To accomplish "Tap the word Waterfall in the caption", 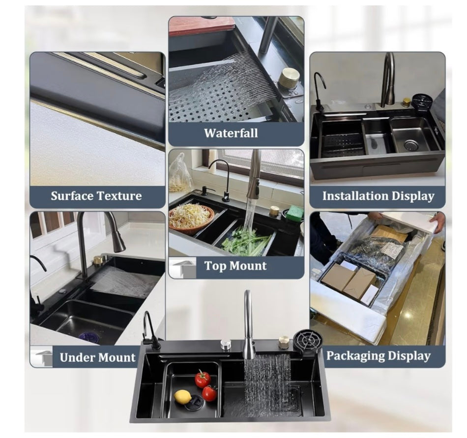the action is click(x=231, y=133).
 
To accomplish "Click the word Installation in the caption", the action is click(x=354, y=196).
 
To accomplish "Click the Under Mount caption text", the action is click(x=97, y=357).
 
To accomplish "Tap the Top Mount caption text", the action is click(x=235, y=266).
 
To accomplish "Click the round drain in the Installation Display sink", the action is click(x=411, y=145).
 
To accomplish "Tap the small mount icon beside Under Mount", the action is click(x=42, y=356).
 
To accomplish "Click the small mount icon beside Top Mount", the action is click(x=183, y=268).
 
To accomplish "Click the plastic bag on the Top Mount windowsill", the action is click(x=179, y=172).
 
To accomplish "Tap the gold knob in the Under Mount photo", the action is click(x=98, y=260).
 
